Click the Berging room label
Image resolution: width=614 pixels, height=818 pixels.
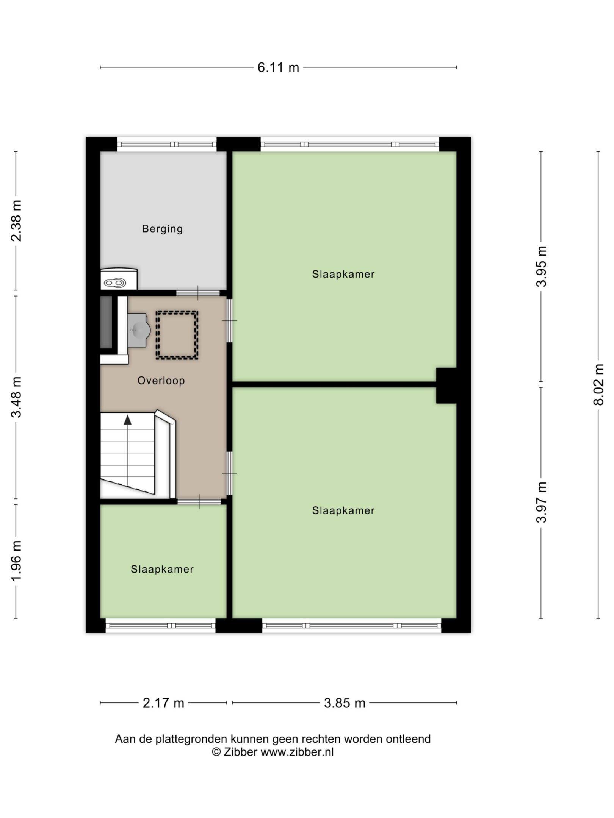point(162,229)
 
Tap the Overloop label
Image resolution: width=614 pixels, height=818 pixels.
point(161,381)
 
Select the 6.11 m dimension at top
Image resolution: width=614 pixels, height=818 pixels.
point(278,67)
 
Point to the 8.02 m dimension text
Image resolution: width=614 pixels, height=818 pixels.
point(598,385)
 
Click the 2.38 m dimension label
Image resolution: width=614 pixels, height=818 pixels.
point(16,221)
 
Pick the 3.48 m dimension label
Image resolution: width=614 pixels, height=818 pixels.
point(16,397)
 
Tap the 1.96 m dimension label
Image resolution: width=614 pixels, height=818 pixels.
point(16,560)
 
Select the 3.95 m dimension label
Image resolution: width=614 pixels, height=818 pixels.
point(541,266)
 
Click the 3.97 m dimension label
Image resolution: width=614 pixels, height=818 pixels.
point(541,502)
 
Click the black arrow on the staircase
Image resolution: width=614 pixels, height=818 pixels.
point(128,420)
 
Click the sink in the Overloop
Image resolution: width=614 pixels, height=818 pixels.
point(139,330)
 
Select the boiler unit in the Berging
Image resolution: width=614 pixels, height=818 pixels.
point(119,279)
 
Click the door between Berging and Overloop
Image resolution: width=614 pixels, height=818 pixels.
point(198,293)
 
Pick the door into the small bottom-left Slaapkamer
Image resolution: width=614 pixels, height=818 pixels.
point(199,501)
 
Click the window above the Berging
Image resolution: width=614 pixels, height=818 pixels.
point(167,144)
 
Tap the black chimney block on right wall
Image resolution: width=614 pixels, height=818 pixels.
point(446,386)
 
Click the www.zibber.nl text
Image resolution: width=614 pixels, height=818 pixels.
point(297,752)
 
